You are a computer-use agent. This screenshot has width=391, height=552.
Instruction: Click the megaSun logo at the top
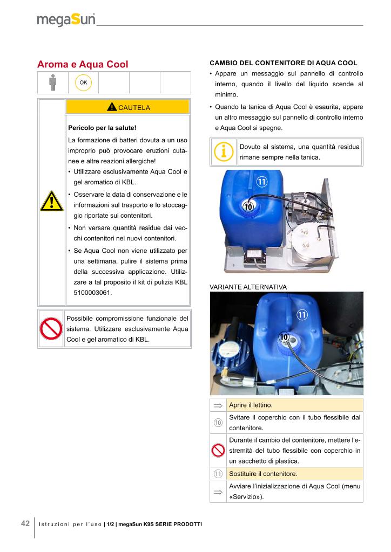[x=66, y=20]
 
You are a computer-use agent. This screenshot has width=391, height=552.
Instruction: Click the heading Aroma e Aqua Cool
[x=83, y=64]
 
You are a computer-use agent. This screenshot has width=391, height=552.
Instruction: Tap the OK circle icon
[x=83, y=82]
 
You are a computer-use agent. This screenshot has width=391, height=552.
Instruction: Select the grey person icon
[x=52, y=82]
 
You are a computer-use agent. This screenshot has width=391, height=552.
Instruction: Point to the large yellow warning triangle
[x=51, y=202]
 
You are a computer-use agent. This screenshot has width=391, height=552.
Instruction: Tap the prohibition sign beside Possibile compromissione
[x=51, y=328]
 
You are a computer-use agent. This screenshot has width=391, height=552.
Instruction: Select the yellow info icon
[x=223, y=151]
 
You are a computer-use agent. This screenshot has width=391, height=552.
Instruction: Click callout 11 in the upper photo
[x=262, y=182]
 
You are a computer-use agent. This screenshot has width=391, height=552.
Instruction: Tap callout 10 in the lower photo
[x=284, y=337]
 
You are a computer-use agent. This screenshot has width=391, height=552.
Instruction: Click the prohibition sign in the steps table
[x=218, y=451]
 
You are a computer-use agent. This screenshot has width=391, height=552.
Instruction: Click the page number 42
[x=25, y=523]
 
